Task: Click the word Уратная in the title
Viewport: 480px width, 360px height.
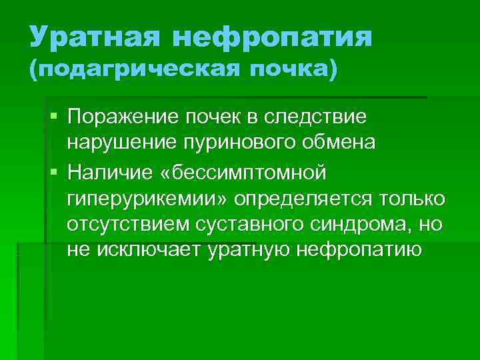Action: point(94,37)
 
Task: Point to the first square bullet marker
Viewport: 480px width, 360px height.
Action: point(54,117)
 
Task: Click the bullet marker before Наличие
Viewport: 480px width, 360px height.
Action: point(54,173)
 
